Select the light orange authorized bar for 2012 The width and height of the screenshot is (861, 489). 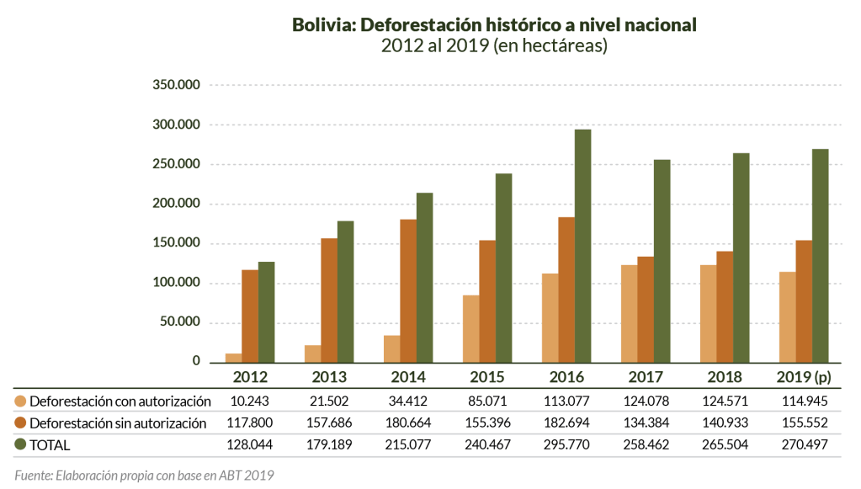tap(233, 358)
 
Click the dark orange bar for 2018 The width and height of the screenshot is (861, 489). tap(725, 306)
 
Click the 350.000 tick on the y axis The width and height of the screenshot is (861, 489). tap(176, 85)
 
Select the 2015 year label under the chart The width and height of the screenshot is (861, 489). tap(487, 376)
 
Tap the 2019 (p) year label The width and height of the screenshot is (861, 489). tap(804, 376)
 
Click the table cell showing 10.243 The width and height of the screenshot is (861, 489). tap(249, 401)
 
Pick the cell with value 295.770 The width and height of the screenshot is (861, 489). tap(566, 444)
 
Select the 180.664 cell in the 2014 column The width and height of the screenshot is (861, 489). tap(407, 423)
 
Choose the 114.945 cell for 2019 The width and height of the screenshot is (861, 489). tap(804, 401)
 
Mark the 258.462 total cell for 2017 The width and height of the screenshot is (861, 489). tap(646, 444)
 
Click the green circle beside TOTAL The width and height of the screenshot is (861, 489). tap(20, 444)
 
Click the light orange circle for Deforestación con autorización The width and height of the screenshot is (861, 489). tap(20, 401)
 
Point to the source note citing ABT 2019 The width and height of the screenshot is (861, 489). tap(144, 475)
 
